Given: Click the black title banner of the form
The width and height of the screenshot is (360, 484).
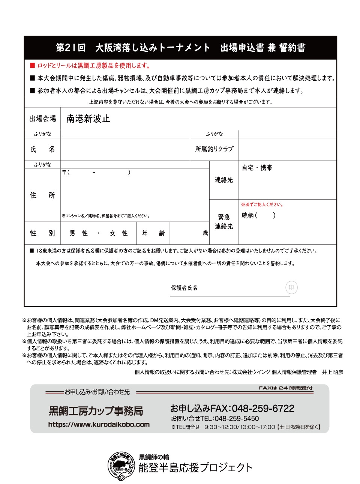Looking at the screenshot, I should pos(180,48).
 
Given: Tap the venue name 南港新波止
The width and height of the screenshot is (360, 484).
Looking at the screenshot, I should pos(88,119).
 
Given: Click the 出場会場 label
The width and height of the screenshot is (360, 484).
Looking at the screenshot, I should pos(43,119).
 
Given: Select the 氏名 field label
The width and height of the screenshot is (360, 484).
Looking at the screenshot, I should pos(42,149).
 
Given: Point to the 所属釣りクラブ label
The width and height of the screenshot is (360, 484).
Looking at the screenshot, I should pos(214,149).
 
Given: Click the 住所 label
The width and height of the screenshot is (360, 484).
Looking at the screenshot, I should pos(42,195).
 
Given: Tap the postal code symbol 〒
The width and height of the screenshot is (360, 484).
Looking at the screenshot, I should pos(64,172).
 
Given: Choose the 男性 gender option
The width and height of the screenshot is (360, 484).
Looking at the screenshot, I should pos(79,233).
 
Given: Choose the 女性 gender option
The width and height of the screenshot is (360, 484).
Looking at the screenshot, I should pos(118,233).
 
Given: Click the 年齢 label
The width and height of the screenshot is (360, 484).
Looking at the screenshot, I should pos(153,233).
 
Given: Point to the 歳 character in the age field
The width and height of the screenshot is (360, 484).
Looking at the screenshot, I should pos(205,233).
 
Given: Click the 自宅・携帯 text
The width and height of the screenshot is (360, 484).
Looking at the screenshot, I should pos(257,168).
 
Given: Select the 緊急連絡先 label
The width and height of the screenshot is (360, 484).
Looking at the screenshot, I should pos(224,222).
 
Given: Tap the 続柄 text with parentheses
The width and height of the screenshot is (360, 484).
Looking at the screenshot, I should pos(258,215).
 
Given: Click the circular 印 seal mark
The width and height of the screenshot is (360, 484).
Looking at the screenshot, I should pos(291,288).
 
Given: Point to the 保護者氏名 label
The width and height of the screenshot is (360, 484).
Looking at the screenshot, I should pos(184,288).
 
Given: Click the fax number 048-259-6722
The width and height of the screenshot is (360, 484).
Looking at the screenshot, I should pos(263,409).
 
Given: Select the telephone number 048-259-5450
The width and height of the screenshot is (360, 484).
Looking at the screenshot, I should pos(237,418).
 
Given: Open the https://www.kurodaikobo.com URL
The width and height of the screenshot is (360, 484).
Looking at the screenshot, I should pos(99,424).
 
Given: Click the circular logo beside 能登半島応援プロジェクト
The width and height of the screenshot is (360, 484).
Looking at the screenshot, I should pos(121,466).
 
